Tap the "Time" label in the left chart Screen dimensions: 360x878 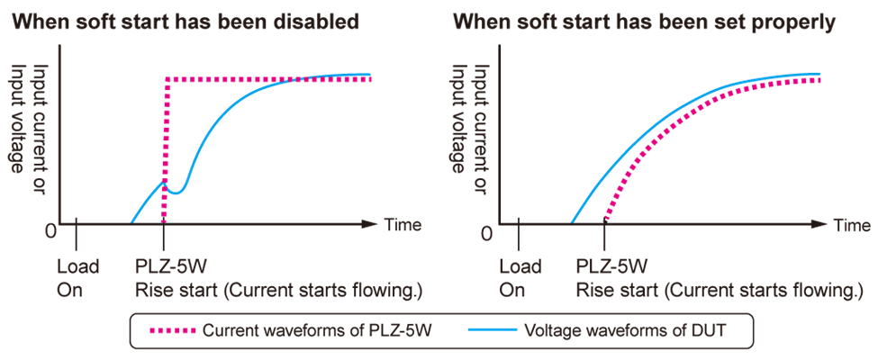(x=403, y=225)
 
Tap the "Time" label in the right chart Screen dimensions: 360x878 (x=852, y=225)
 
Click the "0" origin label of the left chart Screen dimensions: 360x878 (x=50, y=232)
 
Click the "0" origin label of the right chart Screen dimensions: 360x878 (x=487, y=232)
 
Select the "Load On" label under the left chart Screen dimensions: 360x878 (x=77, y=278)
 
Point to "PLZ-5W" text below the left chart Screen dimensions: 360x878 (x=167, y=266)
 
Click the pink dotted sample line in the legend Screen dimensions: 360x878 (x=168, y=330)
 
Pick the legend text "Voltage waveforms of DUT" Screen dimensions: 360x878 (x=625, y=330)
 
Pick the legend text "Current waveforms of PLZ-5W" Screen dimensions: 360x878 (x=318, y=330)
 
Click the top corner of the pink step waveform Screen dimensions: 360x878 (x=166, y=80)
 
